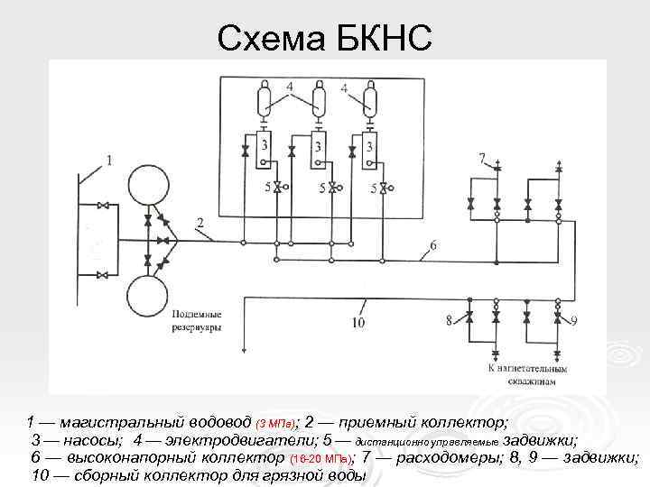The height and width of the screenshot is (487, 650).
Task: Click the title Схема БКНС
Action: pos(325,37)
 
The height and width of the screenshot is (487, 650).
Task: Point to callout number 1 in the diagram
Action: pos(109,161)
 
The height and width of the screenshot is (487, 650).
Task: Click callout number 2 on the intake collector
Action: pos(200,222)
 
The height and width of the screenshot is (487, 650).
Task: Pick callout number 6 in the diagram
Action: pos(433,245)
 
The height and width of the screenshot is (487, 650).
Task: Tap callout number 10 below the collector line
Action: pos(358,322)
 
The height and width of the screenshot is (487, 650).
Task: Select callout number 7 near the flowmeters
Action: pos(483,158)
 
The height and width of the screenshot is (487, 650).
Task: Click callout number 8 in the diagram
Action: pos(449,318)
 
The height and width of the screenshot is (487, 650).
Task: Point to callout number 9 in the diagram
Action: pos(574,320)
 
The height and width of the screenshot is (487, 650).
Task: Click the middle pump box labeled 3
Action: pos(319,149)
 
